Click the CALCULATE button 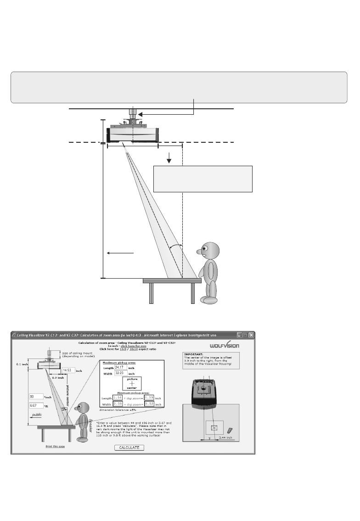(x=129, y=448)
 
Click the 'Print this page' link (x=55, y=446)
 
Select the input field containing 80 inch (x=35, y=396)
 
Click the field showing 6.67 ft (x=35, y=406)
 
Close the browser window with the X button (x=251, y=335)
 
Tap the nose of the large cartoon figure (x=199, y=252)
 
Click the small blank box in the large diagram (x=202, y=179)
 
